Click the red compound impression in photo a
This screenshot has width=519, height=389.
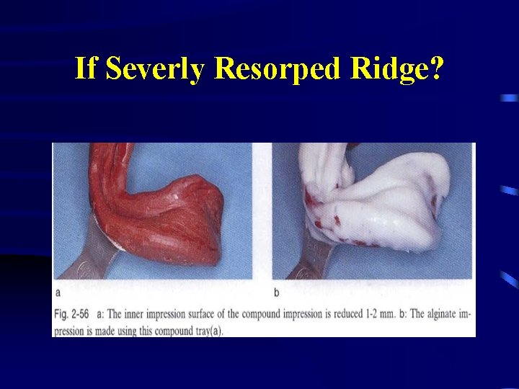pyautogui.click(x=166, y=216)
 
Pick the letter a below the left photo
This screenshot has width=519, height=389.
pyautogui.click(x=58, y=292)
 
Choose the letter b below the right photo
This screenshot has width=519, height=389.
pyautogui.click(x=276, y=292)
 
